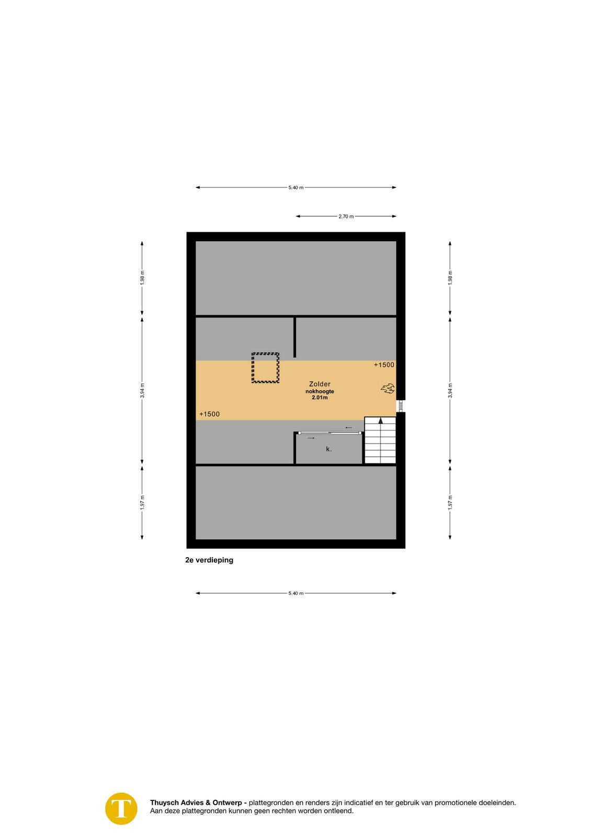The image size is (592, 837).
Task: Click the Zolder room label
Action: pyautogui.click(x=320, y=384)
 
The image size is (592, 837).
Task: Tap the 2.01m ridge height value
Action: pyautogui.click(x=320, y=398)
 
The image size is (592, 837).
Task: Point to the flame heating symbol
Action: pyautogui.click(x=388, y=389)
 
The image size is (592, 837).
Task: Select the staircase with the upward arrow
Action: pyautogui.click(x=380, y=440)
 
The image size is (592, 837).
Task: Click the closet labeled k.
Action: pyautogui.click(x=328, y=449)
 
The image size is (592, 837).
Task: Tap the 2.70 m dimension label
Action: pyautogui.click(x=346, y=217)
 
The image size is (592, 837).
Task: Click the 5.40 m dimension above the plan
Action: pyautogui.click(x=296, y=188)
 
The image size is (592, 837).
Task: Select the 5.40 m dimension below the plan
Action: pyautogui.click(x=296, y=593)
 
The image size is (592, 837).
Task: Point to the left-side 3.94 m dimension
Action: pyautogui.click(x=142, y=390)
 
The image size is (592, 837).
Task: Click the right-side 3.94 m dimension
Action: pyautogui.click(x=450, y=390)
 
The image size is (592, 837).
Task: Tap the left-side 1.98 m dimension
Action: pyautogui.click(x=142, y=278)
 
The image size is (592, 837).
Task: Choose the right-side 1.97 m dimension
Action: pyautogui.click(x=450, y=502)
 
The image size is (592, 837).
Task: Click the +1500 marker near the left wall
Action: pyautogui.click(x=210, y=414)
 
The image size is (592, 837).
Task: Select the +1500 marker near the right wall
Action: pyautogui.click(x=384, y=365)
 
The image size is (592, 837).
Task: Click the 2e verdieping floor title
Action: pyautogui.click(x=209, y=560)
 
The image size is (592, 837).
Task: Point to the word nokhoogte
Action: pyautogui.click(x=320, y=392)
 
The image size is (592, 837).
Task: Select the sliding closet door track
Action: pyautogui.click(x=330, y=433)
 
